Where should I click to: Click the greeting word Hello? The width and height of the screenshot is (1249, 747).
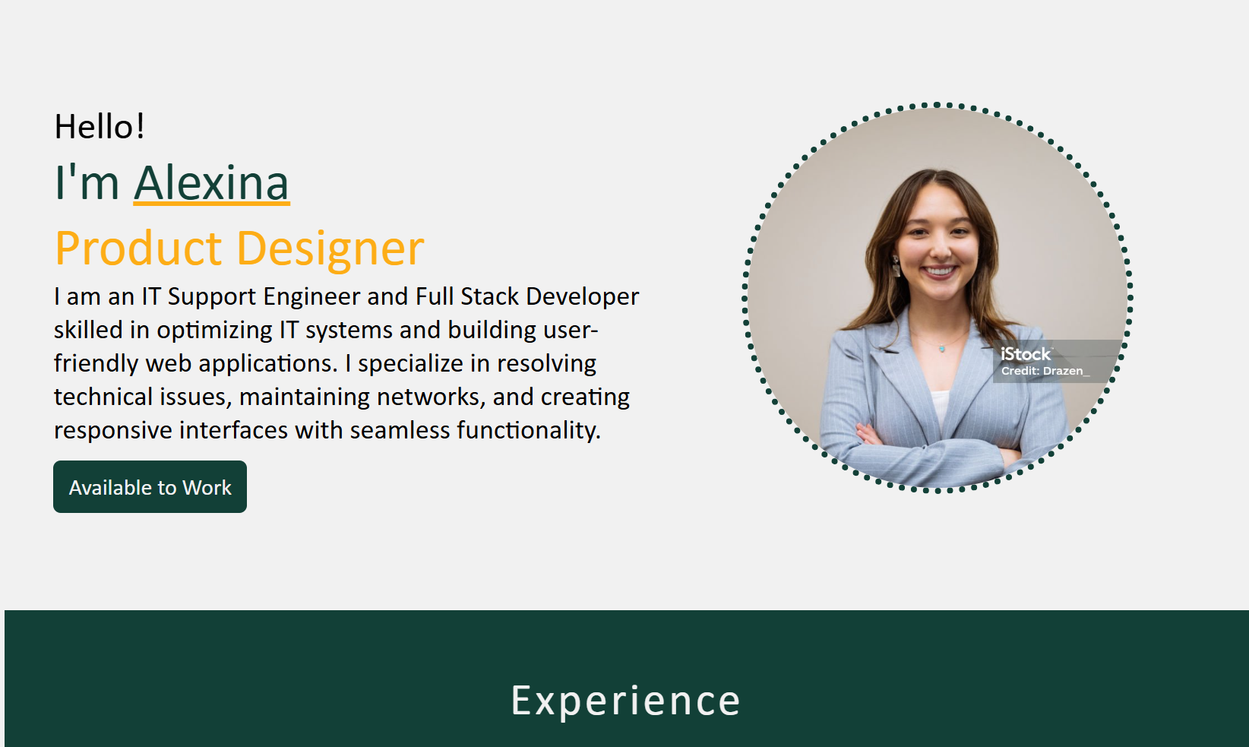100,126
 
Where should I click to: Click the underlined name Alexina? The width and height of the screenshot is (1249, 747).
211,183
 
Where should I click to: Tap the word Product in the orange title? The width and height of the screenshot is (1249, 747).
138,248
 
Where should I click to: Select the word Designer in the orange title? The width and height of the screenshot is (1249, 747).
330,248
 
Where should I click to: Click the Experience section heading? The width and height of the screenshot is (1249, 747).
625,701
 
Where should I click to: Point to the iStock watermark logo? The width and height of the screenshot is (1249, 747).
1026,354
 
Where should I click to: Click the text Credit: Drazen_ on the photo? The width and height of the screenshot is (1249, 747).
1045,371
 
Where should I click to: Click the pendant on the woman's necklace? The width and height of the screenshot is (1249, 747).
942,349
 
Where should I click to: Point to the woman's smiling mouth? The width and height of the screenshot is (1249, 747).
940,272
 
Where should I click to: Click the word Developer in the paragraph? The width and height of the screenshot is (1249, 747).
582,297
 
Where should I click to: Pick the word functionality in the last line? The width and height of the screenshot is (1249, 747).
529,430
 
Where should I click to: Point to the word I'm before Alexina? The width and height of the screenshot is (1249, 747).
87,183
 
